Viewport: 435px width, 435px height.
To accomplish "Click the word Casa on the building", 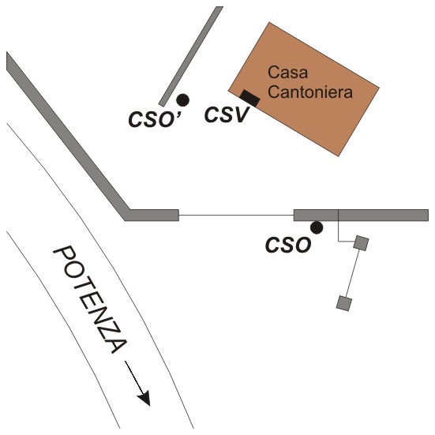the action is coord(287,73).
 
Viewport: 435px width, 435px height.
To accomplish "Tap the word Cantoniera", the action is coord(310,92).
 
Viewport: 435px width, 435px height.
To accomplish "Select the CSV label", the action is coord(226,114).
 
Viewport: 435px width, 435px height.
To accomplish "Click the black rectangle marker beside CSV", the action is coord(250,98).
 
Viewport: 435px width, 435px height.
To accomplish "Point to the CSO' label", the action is coord(155,119).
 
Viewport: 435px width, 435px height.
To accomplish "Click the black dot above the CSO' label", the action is coord(183,100).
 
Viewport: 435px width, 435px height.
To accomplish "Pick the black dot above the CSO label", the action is coord(317,228).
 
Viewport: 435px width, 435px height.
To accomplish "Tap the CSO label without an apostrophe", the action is coord(288,246).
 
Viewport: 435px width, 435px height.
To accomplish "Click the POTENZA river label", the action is coord(90,299).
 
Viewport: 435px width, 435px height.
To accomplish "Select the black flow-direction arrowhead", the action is coord(144,399).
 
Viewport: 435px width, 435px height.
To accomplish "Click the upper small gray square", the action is coord(361,243).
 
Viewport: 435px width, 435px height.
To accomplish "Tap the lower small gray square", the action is coord(344,303).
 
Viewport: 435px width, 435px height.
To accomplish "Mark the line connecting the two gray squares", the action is coord(353,273).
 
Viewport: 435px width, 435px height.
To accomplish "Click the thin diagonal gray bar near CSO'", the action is coord(191,56).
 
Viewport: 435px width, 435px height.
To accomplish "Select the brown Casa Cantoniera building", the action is coord(304,89).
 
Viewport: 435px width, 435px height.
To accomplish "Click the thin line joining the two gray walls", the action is coord(236,216).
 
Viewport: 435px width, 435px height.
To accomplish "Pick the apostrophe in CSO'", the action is coord(178,113).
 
